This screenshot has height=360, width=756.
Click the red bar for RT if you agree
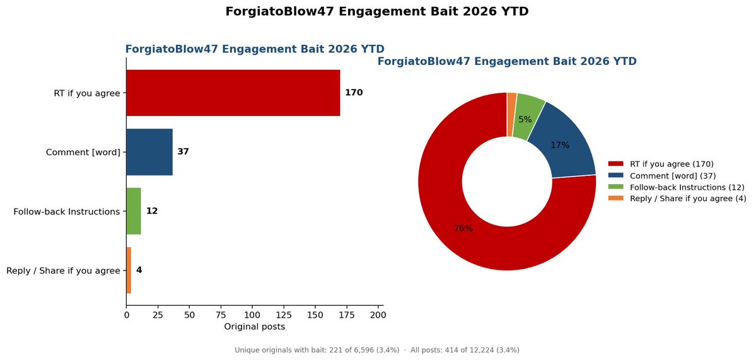233,93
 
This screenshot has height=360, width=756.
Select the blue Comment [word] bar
149,153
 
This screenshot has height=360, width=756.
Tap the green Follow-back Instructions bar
134,211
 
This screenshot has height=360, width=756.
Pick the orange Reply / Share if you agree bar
129,270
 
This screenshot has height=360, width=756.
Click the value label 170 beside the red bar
354,93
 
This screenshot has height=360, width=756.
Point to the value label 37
183,152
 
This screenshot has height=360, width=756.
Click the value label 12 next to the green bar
152,211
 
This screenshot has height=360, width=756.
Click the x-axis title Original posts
255,327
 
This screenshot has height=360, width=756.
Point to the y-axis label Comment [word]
83,153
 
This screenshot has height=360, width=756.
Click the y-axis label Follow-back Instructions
67,212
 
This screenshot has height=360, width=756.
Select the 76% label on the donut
463,228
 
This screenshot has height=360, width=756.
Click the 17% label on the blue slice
560,145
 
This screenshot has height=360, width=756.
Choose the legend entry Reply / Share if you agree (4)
677,199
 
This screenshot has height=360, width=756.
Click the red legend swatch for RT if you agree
616,164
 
